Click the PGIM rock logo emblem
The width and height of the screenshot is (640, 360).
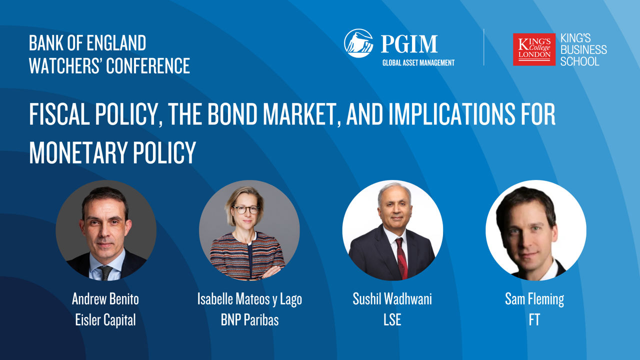[358, 43]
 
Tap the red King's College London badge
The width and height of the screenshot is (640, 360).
[534, 49]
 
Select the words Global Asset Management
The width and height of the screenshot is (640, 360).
[418, 63]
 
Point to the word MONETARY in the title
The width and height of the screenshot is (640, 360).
[78, 152]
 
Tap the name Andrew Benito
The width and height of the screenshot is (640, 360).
[105, 299]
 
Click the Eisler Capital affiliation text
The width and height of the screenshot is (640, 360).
[105, 319]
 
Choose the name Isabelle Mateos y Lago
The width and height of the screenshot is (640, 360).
[249, 299]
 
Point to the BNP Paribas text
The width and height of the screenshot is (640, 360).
[249, 319]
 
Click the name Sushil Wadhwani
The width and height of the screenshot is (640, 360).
[392, 299]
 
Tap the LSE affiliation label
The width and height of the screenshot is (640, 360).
[392, 319]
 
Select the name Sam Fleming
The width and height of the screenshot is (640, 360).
[534, 299]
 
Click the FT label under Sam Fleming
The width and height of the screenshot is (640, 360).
[534, 319]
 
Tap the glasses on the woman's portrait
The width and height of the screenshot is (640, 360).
[245, 209]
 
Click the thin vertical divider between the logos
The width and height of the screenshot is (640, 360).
[483, 47]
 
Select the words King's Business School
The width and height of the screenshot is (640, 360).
[583, 49]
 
